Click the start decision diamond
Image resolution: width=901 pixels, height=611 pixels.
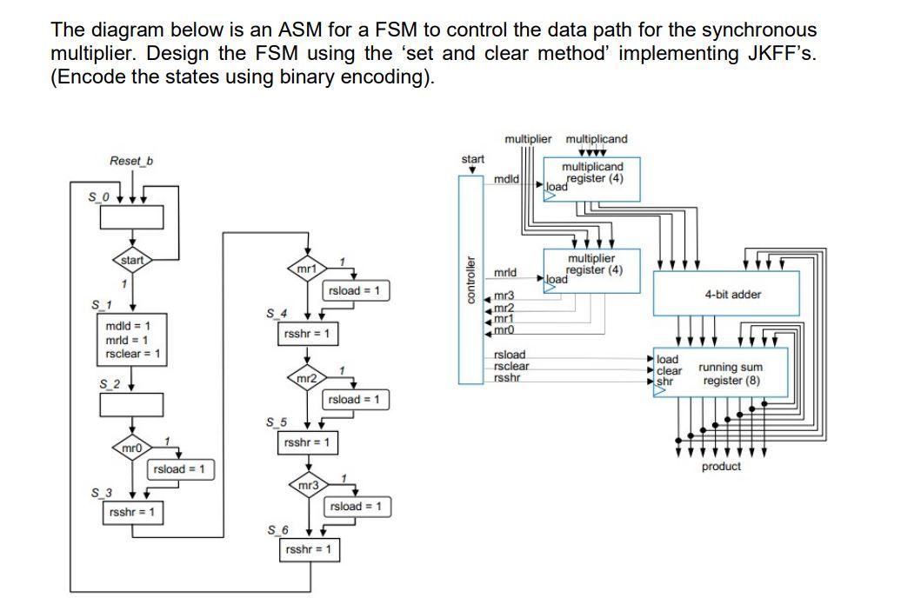132,260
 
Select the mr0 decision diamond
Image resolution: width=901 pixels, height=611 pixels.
131,448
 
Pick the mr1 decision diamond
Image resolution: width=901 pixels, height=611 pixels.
307,269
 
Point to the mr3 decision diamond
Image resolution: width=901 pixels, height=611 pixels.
307,485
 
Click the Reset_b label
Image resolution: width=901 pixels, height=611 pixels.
126,161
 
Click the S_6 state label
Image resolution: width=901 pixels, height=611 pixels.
277,529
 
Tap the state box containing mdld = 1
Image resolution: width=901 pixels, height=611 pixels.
132,340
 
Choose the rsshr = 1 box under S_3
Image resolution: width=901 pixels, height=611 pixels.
132,512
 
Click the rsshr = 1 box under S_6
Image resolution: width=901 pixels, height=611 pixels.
307,550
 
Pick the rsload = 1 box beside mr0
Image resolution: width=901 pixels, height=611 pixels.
179,469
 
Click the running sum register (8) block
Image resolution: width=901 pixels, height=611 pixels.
720,374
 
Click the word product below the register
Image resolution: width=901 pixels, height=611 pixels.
721,467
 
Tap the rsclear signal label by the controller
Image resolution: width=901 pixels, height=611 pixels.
511,366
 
